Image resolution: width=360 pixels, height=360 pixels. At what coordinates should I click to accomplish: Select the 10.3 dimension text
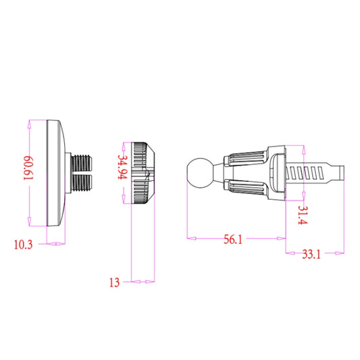click(x=23, y=244)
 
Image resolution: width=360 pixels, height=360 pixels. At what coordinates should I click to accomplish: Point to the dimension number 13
click(x=113, y=282)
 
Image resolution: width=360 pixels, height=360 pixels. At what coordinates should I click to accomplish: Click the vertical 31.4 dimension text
click(x=302, y=215)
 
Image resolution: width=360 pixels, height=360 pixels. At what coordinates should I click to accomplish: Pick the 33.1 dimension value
click(x=311, y=255)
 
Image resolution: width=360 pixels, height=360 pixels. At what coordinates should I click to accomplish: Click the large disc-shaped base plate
click(x=55, y=173)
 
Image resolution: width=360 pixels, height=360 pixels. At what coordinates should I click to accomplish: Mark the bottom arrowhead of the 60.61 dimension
click(x=30, y=224)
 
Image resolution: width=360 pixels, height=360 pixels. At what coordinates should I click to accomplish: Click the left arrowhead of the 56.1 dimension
click(x=189, y=238)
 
